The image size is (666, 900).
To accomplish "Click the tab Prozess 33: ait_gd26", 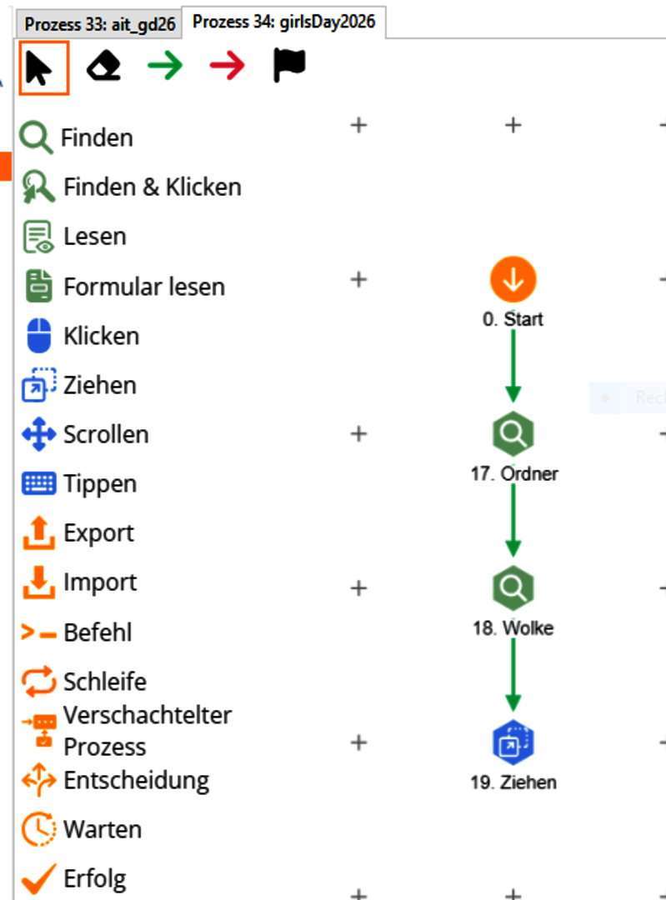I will (x=100, y=24).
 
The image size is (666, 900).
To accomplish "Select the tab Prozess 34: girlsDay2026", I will (x=283, y=22).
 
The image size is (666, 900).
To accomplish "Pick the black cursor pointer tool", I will (x=43, y=68).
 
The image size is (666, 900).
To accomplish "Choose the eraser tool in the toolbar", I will (x=103, y=67).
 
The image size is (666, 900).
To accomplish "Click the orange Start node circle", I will (x=513, y=280).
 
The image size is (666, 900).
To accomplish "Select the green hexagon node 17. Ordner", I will (x=513, y=434).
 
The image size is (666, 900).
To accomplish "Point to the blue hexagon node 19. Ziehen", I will (x=513, y=742).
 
